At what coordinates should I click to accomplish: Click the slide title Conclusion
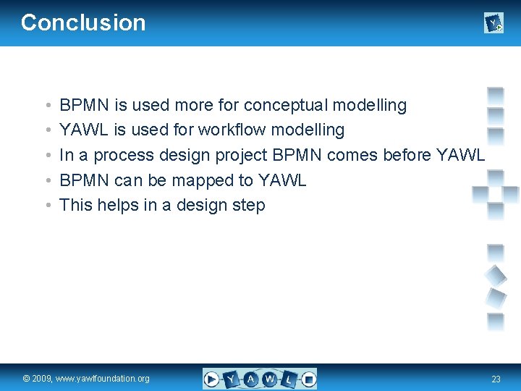(x=83, y=22)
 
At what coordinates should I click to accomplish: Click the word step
(x=250, y=206)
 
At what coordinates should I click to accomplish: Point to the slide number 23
(x=496, y=379)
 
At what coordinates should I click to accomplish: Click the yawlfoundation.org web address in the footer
(x=106, y=379)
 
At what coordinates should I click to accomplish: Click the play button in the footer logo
(x=211, y=379)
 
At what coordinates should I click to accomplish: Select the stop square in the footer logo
(x=308, y=378)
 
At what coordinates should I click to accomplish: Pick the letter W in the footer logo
(x=269, y=379)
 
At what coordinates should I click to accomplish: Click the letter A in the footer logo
(x=250, y=379)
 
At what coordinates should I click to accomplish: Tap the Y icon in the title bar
(x=493, y=24)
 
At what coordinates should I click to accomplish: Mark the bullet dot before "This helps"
(x=46, y=206)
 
